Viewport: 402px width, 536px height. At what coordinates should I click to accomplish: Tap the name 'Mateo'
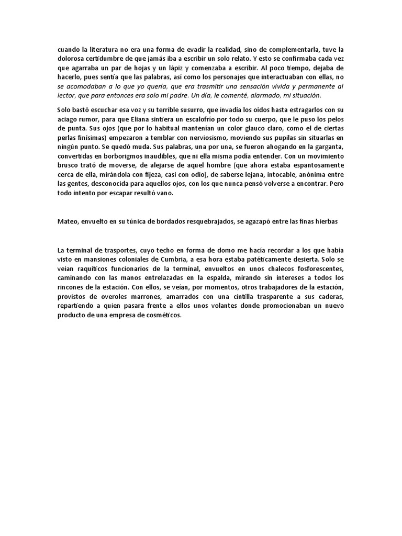coord(68,221)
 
